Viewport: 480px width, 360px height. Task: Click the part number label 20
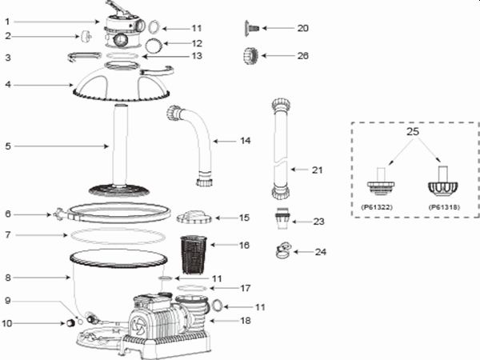coord(302,28)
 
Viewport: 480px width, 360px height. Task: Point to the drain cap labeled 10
coord(70,322)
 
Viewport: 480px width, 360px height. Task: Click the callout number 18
coord(245,320)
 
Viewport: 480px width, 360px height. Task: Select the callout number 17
coord(245,287)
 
